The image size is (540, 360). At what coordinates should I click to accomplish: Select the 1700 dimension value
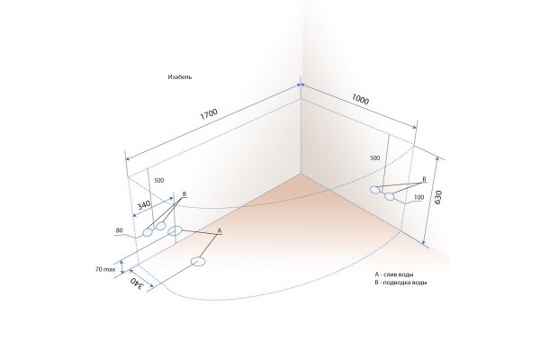point(209,114)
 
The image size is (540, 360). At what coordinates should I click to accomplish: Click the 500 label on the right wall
point(374,158)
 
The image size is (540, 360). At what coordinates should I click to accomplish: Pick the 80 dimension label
point(119,231)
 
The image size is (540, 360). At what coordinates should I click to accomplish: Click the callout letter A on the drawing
point(219,230)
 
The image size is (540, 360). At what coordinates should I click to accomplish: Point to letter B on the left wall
point(184,195)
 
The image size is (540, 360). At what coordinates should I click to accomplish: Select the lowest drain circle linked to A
point(199,263)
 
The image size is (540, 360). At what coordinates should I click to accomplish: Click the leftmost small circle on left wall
point(148,232)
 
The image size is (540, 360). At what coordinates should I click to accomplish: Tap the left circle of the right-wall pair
point(375,190)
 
